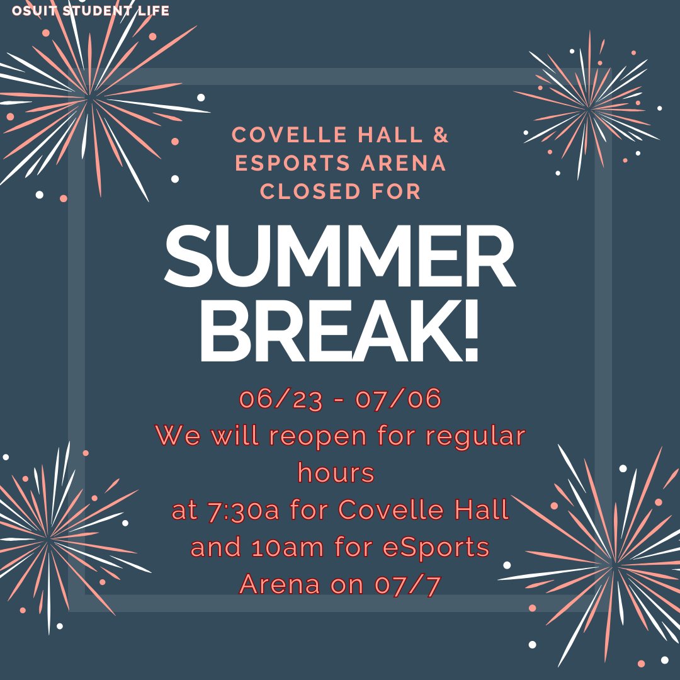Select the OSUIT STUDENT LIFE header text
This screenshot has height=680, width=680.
click(91, 11)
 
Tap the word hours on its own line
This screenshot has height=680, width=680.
click(336, 473)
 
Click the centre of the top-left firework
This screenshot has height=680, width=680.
click(91, 98)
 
